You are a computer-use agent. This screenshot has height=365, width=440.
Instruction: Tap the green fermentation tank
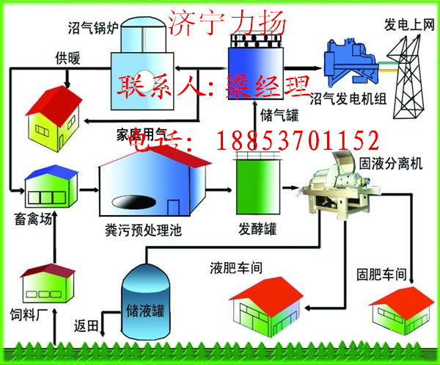255,184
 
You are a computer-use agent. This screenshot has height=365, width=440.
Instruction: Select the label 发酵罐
257,228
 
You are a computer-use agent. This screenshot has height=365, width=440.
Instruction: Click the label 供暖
66,57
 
